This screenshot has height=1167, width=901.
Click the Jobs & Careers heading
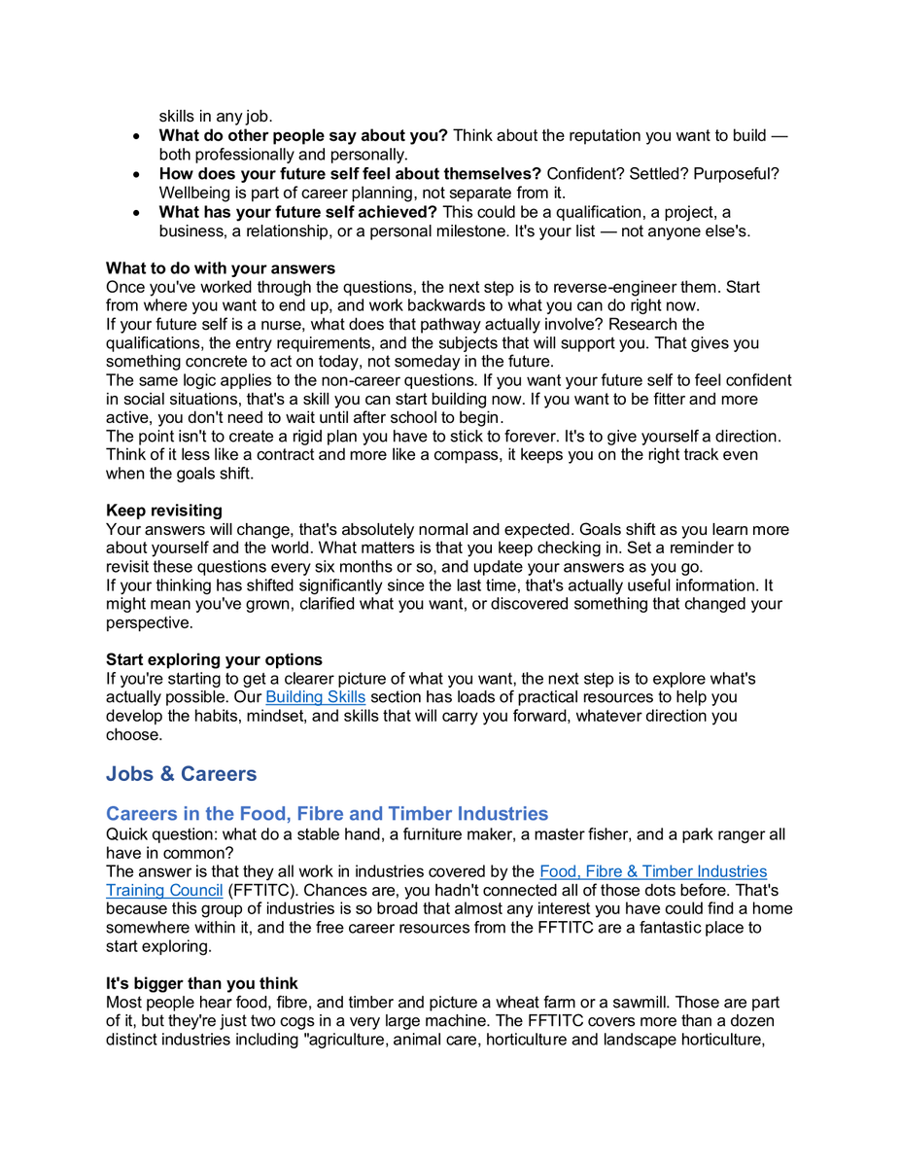[181, 774]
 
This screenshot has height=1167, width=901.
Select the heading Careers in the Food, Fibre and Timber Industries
[327, 814]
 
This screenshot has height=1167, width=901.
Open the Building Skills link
[315, 697]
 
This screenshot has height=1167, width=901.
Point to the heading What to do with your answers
[221, 268]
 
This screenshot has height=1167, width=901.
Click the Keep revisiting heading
[163, 511]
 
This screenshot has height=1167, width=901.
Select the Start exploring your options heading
[214, 660]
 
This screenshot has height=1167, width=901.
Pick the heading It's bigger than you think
[202, 983]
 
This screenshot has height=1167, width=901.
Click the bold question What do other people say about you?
[303, 136]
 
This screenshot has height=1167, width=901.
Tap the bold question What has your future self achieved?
[297, 212]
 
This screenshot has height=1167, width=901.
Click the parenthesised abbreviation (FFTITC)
[260, 890]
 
